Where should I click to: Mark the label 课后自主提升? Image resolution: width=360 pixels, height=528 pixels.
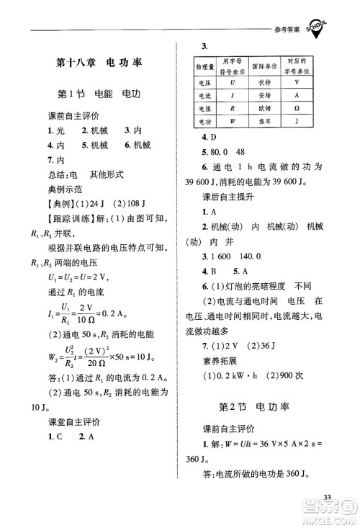[220, 197]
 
